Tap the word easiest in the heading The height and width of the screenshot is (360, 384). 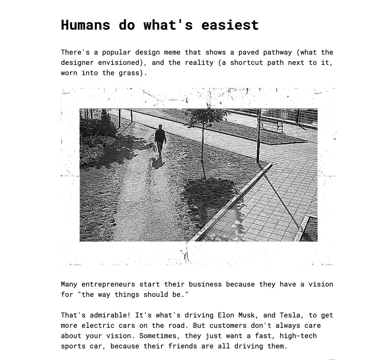(230, 25)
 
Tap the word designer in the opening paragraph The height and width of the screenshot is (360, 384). (75, 62)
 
